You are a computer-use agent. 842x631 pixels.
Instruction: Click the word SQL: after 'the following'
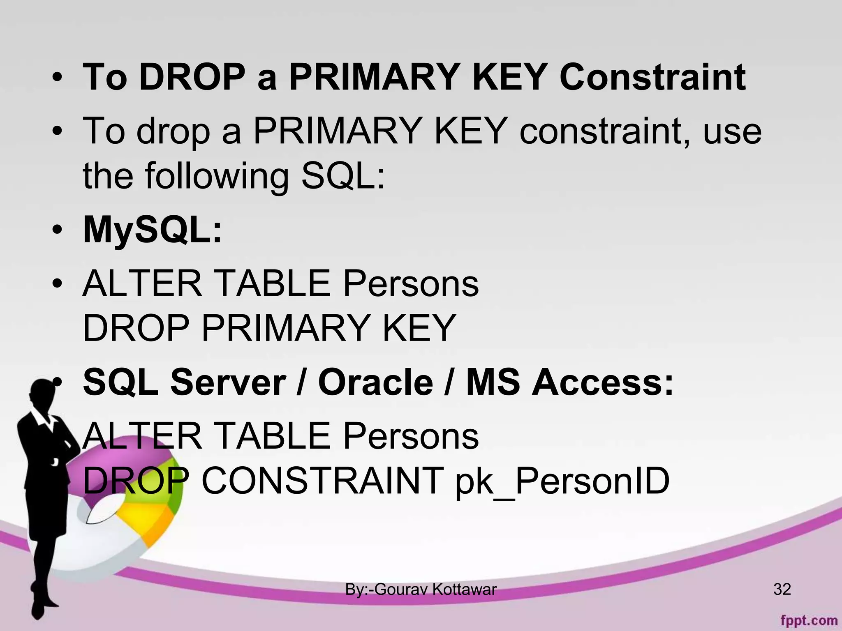tap(343, 176)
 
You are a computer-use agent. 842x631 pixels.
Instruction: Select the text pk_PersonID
tap(562, 481)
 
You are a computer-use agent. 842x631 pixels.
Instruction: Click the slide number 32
tap(782, 590)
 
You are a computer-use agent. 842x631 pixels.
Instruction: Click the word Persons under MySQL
tap(411, 283)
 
